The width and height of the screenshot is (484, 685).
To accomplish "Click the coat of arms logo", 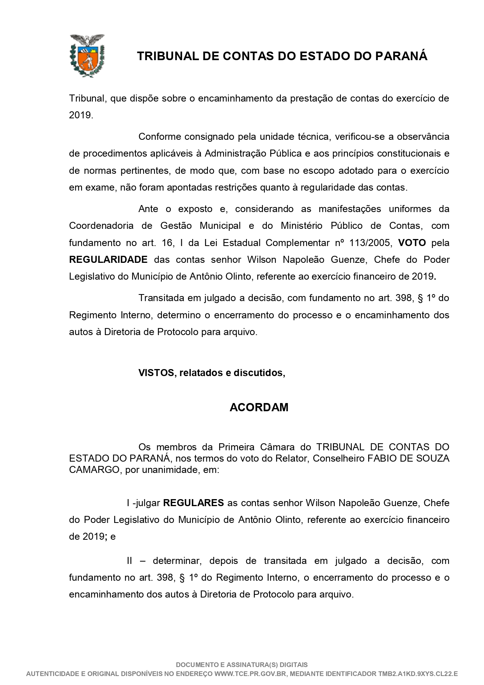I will pyautogui.click(x=87, y=55).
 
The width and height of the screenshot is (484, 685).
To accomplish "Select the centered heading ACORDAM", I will pyautogui.click(x=259, y=407).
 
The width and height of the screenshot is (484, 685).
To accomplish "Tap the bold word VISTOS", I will pyautogui.click(x=156, y=373).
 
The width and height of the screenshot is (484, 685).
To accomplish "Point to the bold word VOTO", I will pyautogui.click(x=412, y=243).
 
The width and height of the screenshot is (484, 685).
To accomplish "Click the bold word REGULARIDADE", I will pyautogui.click(x=108, y=259).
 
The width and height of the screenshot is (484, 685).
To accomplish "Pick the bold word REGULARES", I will pyautogui.click(x=193, y=503).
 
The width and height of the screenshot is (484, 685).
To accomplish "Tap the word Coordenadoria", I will pyautogui.click(x=101, y=225).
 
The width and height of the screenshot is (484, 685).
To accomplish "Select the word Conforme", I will pyautogui.click(x=159, y=136).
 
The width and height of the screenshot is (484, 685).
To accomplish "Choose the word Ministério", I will pyautogui.click(x=302, y=225).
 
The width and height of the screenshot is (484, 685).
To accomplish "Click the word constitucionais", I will pyautogui.click(x=402, y=153).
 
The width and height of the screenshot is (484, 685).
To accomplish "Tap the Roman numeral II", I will pyautogui.click(x=129, y=560).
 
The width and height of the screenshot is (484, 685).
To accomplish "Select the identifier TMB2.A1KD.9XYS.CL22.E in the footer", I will pyautogui.click(x=418, y=674).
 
